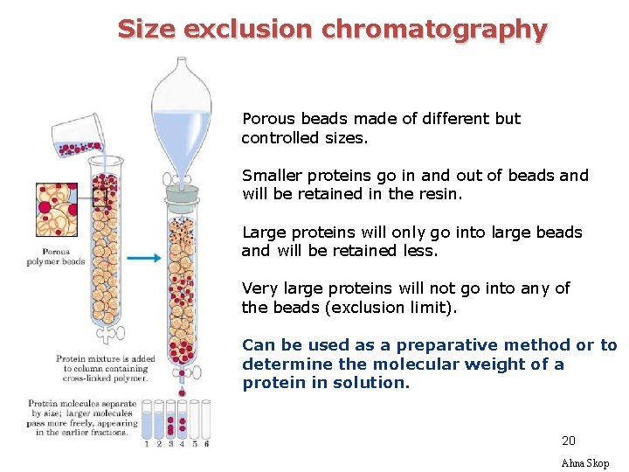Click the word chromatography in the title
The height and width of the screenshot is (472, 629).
433,30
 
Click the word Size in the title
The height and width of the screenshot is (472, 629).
146,29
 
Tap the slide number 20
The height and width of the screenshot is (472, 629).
569,441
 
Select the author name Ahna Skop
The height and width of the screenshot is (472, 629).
584,463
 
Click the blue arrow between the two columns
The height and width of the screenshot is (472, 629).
143,258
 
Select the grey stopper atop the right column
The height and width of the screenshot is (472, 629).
182,196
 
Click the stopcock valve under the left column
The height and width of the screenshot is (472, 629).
108,333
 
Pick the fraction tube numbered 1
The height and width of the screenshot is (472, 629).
147,420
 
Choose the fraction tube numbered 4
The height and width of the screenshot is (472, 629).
182,420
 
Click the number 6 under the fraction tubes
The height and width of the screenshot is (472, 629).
206,444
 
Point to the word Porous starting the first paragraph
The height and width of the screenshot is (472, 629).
269,119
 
